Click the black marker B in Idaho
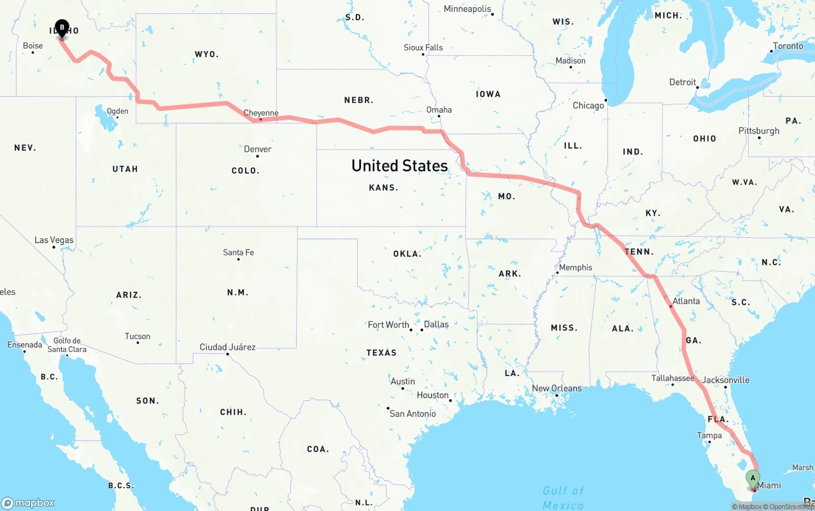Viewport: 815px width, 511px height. point(62,28)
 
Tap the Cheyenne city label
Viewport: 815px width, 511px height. point(261,113)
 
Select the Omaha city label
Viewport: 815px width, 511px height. point(439,109)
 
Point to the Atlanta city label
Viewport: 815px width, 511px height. point(686,301)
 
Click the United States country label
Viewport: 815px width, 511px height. point(399,165)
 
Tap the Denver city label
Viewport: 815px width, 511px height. point(258,149)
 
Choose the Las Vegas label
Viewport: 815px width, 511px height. point(54,240)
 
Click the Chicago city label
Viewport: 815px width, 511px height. point(588,105)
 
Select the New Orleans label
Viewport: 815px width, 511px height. point(556,388)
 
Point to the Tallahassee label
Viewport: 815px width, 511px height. point(672,378)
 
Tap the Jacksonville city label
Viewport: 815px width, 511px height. point(726,380)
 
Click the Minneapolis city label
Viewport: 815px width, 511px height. point(467,9)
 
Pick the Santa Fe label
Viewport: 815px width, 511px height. point(238,253)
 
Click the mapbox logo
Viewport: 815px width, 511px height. point(28,503)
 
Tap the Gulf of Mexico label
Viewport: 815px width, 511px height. point(563,498)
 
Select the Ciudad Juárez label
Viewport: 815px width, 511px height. point(227,347)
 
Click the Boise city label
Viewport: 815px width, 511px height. point(32,46)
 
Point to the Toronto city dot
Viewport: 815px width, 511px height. point(770,50)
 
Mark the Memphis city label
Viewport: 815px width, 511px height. point(576,267)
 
